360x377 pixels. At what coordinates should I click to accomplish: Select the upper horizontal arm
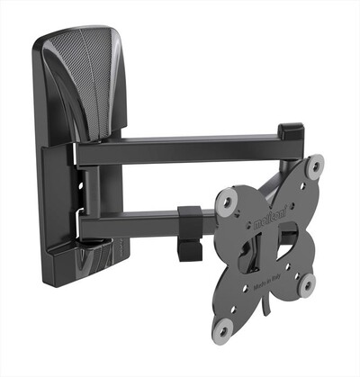point(180,148)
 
